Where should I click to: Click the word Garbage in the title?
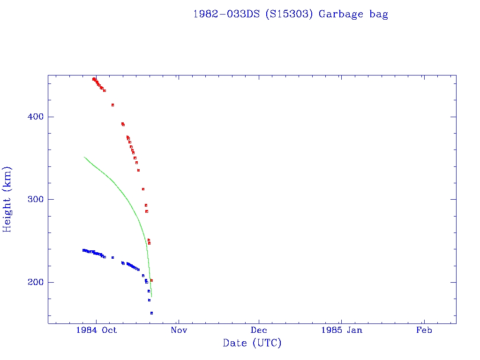tap(341, 14)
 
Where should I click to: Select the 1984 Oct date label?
tap(97, 330)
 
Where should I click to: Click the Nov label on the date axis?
tap(179, 330)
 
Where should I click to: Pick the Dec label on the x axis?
tap(259, 330)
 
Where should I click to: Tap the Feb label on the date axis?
tap(424, 330)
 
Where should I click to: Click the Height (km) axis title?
tap(7, 199)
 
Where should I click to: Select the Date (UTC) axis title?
tap(252, 343)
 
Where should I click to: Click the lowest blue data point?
tap(151, 313)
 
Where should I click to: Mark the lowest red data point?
tap(151, 280)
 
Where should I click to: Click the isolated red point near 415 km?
tap(112, 105)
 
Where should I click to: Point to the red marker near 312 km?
tap(143, 189)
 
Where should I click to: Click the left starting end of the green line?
tap(84, 157)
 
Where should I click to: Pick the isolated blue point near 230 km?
tap(112, 257)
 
